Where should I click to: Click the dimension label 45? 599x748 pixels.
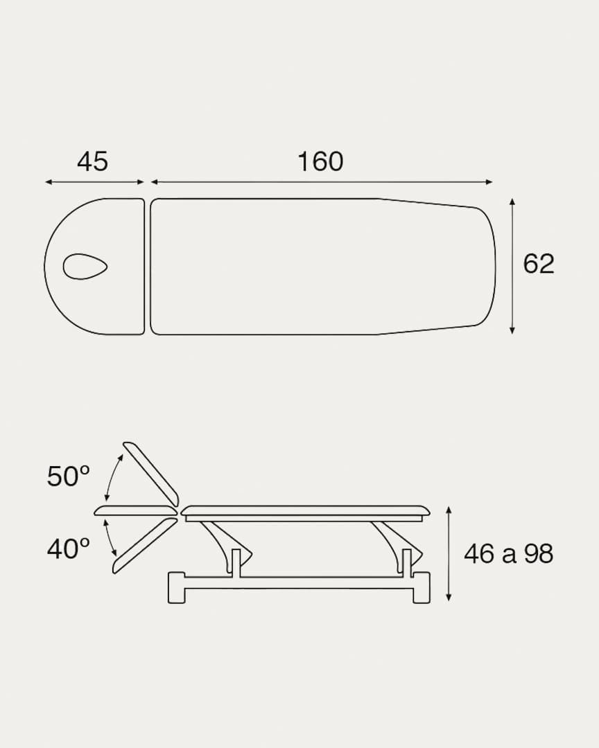click(93, 161)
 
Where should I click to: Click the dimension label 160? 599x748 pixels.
click(320, 161)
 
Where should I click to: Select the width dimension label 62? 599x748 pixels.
click(538, 263)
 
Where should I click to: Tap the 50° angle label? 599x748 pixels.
click(69, 476)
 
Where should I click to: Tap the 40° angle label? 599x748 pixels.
click(69, 549)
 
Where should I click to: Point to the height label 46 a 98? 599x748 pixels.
click(508, 554)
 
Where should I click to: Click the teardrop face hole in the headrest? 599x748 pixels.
click(85, 266)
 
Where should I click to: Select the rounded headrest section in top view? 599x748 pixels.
click(94, 266)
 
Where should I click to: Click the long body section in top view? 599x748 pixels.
click(323, 266)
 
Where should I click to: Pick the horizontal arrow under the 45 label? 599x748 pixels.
click(94, 181)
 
